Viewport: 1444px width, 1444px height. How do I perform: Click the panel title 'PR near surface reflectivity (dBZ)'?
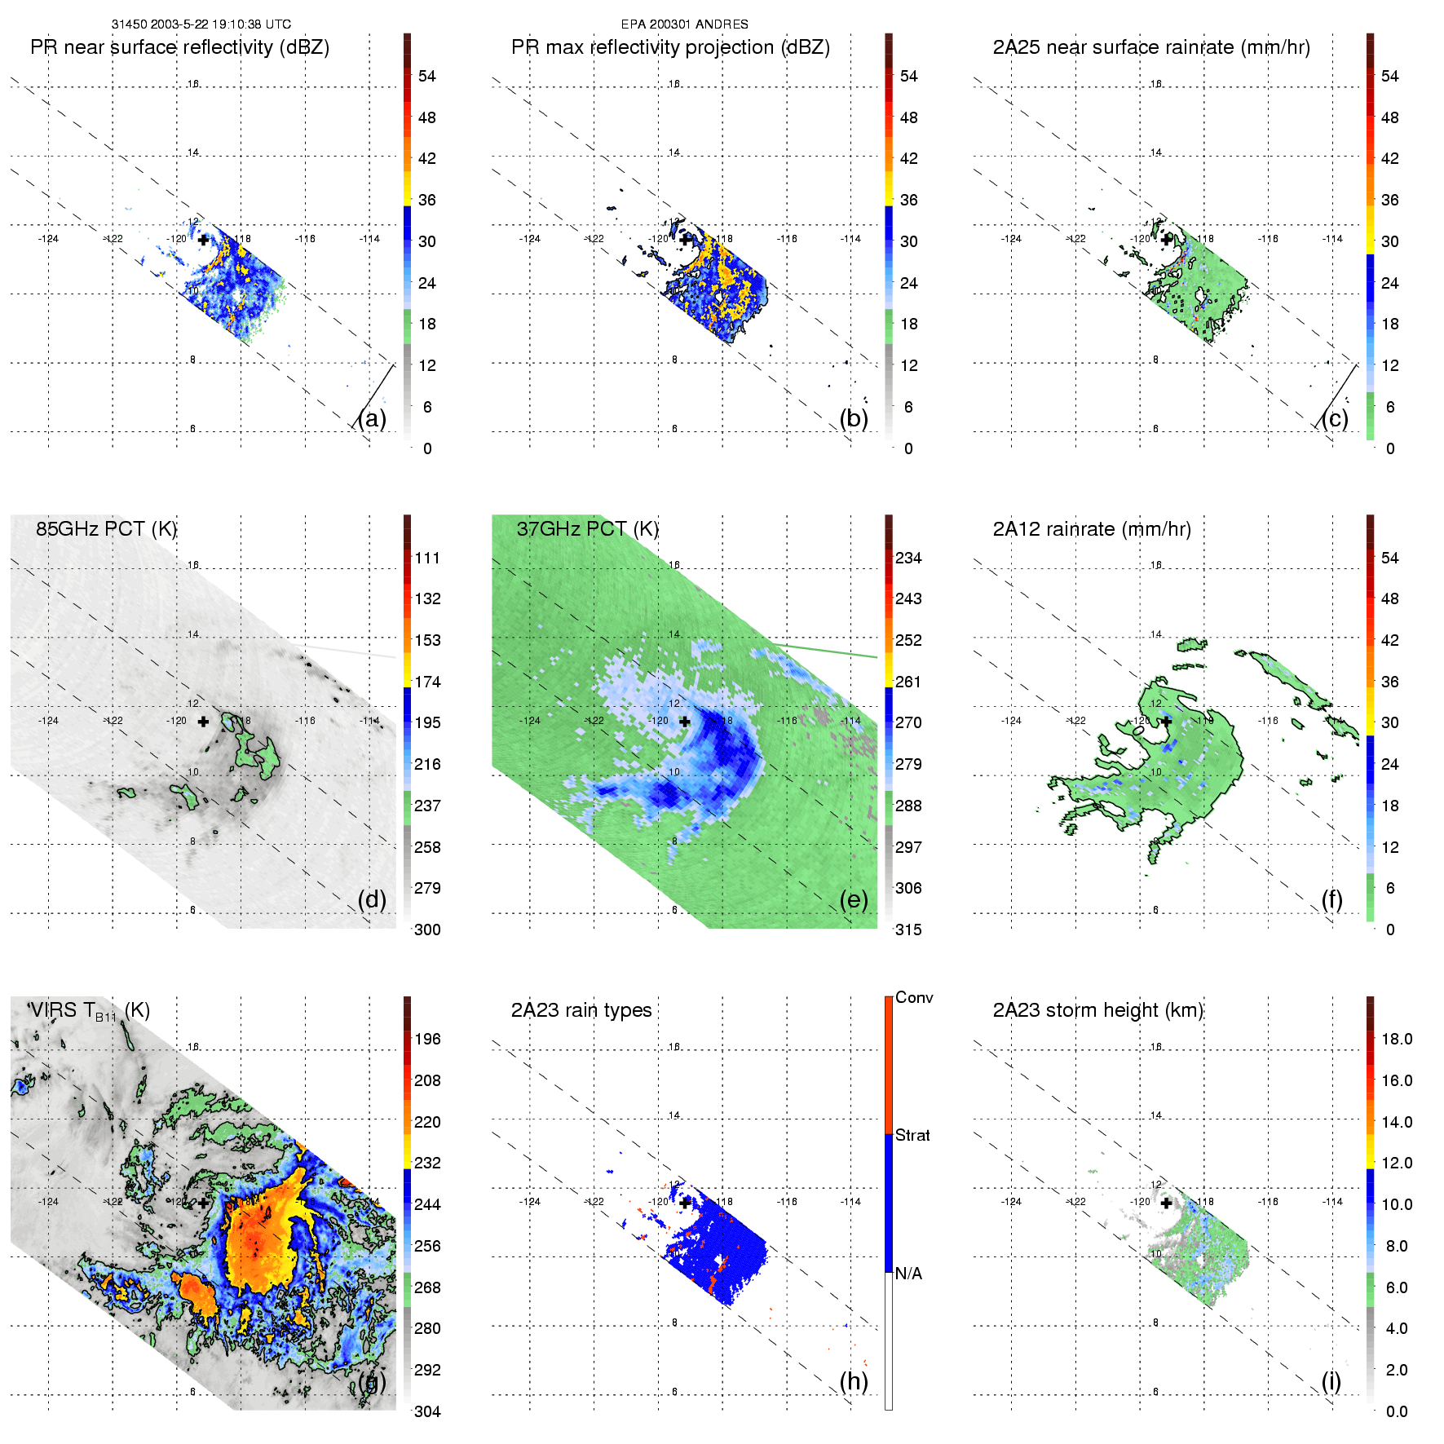click(x=179, y=47)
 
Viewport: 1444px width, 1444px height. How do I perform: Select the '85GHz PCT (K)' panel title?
click(x=106, y=528)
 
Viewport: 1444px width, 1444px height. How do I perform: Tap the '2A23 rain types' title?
click(x=581, y=1010)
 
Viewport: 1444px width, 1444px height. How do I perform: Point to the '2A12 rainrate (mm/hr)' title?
click(x=1091, y=528)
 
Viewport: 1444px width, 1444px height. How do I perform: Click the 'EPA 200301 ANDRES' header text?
click(x=684, y=24)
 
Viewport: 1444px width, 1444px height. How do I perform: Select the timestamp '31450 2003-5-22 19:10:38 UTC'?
click(x=201, y=24)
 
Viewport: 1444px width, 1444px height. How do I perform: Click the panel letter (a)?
click(x=372, y=418)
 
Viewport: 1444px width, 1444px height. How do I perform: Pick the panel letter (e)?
click(x=854, y=899)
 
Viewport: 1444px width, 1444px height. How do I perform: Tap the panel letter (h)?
click(x=854, y=1380)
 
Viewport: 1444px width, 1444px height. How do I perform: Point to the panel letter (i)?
click(x=1331, y=1380)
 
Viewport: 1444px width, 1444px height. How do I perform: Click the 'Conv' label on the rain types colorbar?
click(x=913, y=997)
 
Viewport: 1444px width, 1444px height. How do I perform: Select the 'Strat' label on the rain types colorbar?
click(x=912, y=1135)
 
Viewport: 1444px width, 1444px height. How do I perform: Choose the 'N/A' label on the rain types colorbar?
click(x=908, y=1274)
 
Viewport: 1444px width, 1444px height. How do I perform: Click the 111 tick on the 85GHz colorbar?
click(x=427, y=558)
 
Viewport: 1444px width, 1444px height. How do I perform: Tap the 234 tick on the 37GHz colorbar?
click(x=908, y=558)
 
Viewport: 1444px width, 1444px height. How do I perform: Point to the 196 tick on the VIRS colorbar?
click(x=427, y=1039)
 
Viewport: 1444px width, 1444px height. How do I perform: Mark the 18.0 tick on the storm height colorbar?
click(x=1396, y=1039)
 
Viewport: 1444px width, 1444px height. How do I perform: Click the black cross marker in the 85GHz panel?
click(x=203, y=722)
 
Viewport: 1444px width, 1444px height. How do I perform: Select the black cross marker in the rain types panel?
click(x=685, y=1203)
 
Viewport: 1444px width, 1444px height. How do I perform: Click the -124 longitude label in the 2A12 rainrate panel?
click(x=1011, y=721)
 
